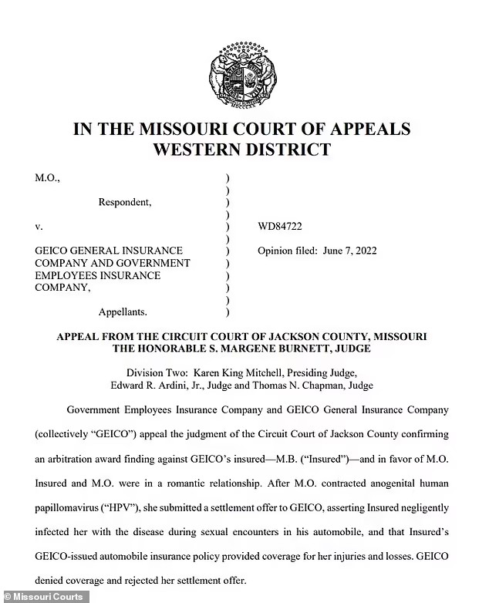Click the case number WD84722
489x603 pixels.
coord(281,227)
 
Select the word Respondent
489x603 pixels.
coord(124,202)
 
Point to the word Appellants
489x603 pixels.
coord(123,312)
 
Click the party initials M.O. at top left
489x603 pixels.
coord(46,178)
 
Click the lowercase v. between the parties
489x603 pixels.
coord(39,227)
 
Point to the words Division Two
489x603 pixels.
coord(158,372)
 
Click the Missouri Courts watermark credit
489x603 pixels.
coord(45,596)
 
